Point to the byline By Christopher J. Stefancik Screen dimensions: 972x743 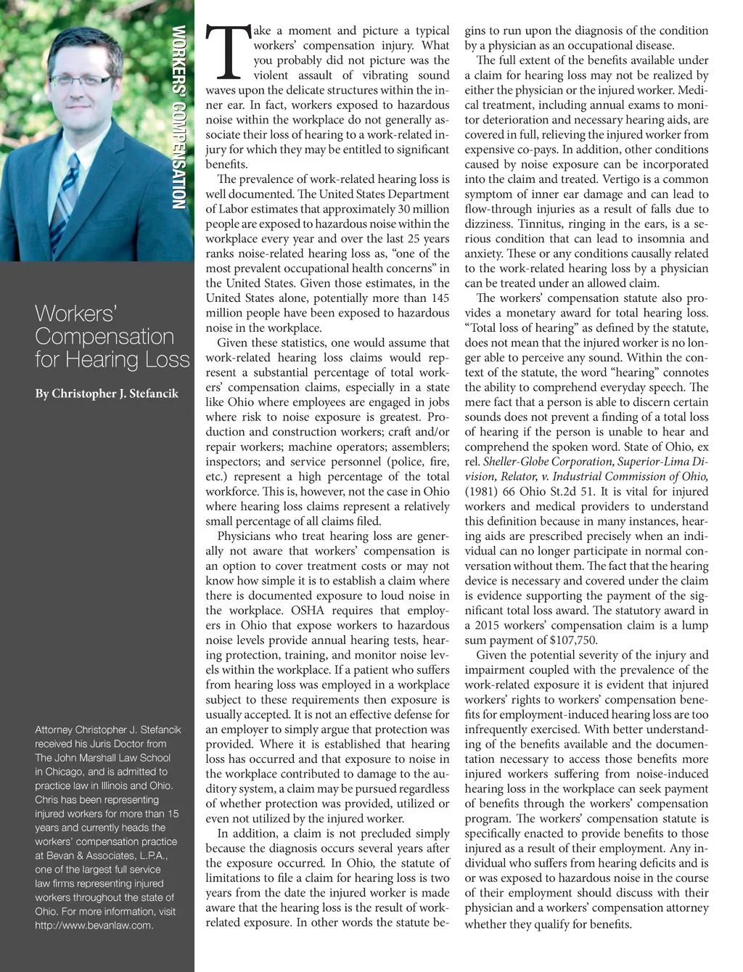pos(107,393)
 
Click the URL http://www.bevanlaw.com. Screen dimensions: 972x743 pos(94,926)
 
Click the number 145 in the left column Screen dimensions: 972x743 pos(440,298)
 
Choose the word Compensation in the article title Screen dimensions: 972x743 pos(104,337)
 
